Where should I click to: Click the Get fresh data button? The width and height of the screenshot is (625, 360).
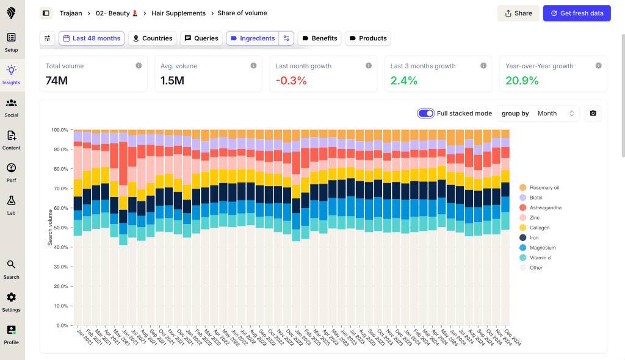click(x=577, y=13)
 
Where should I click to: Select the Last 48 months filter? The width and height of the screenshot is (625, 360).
click(x=92, y=38)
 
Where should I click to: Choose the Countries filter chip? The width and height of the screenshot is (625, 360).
click(x=152, y=38)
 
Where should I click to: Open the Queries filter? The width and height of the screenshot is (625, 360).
click(x=201, y=38)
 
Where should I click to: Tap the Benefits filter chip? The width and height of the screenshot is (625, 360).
click(x=318, y=38)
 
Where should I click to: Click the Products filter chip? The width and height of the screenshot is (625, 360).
click(x=367, y=38)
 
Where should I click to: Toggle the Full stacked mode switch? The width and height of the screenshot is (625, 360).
click(x=425, y=113)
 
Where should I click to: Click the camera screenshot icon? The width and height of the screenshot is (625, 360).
click(x=593, y=113)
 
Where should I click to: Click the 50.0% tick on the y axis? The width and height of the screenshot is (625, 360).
click(x=59, y=228)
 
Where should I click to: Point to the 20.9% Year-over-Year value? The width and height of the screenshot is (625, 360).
click(x=522, y=81)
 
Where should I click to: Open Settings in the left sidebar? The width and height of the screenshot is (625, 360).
click(x=11, y=301)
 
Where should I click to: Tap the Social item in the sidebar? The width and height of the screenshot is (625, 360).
click(x=11, y=107)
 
